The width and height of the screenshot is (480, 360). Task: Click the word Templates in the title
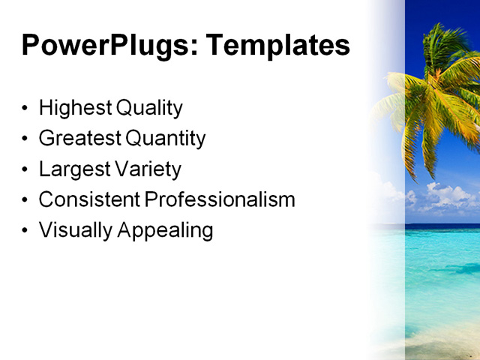click(x=277, y=46)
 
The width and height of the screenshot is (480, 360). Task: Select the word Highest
click(x=75, y=108)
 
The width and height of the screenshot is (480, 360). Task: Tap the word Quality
click(x=149, y=109)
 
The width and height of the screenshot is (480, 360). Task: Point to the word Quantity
click(x=165, y=139)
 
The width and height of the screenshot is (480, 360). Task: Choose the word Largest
click(x=73, y=169)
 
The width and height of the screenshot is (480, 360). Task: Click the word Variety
click(x=147, y=169)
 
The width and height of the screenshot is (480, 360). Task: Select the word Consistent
click(x=89, y=199)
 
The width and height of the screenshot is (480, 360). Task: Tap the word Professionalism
click(x=220, y=199)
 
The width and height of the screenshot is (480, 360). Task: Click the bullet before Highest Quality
click(x=26, y=109)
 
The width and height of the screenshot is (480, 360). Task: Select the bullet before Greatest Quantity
click(x=26, y=139)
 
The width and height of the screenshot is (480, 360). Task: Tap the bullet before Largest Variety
click(x=26, y=169)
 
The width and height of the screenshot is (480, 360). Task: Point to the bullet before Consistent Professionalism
click(x=26, y=200)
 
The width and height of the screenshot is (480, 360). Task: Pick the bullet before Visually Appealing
click(x=26, y=230)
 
